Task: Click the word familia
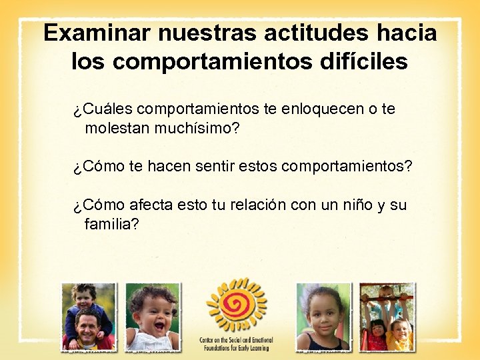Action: [111, 224]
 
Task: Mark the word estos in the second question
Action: [259, 166]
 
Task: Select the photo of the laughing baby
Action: [153, 317]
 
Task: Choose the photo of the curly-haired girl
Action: [323, 317]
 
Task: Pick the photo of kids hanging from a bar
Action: [387, 317]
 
